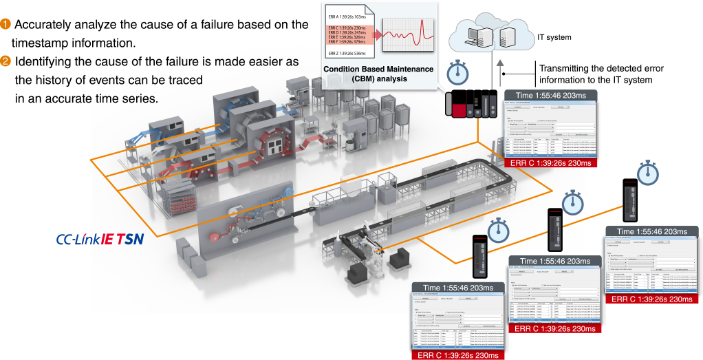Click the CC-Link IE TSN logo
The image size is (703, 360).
click(x=100, y=240)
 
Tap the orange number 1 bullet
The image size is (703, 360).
click(x=6, y=25)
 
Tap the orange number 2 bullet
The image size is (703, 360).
click(x=6, y=62)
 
